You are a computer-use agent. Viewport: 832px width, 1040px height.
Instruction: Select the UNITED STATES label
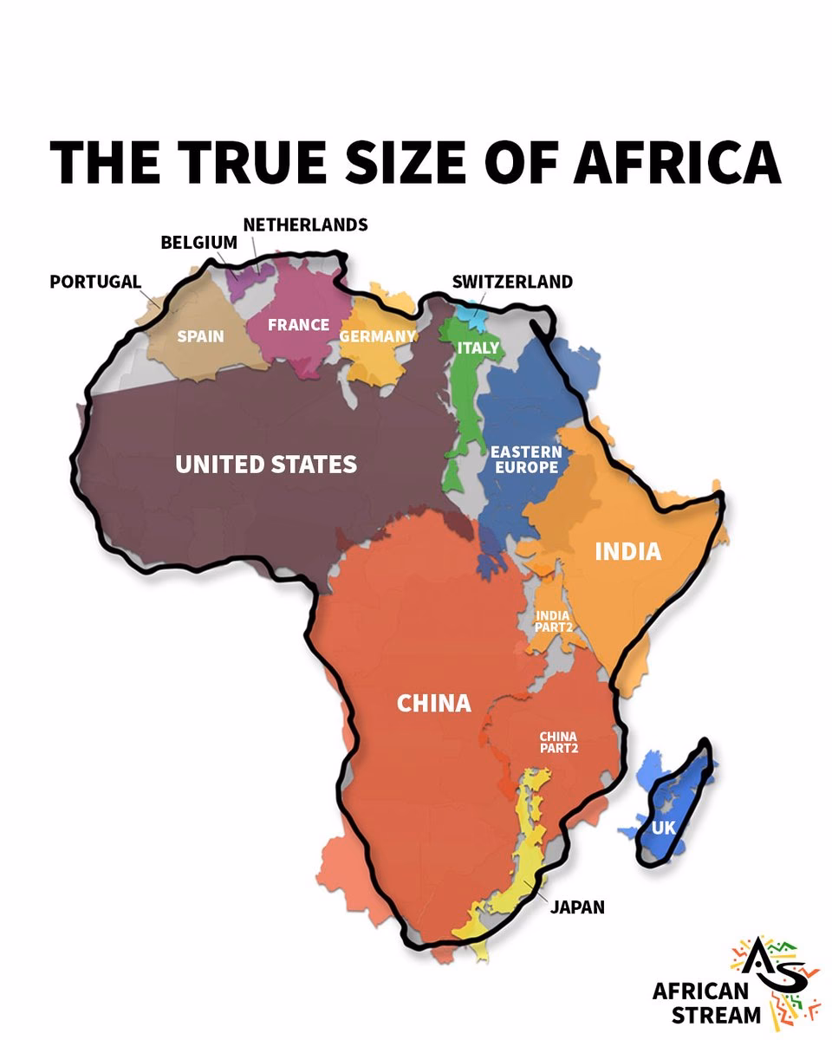(x=266, y=465)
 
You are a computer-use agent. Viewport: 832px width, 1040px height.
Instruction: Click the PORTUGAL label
(x=95, y=282)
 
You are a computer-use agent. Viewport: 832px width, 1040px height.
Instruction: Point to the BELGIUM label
(x=198, y=243)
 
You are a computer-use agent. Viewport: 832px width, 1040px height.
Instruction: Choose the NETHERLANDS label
(x=305, y=224)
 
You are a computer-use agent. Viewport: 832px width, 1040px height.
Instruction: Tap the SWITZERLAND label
(x=512, y=282)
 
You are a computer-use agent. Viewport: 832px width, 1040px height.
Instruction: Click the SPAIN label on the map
(x=200, y=336)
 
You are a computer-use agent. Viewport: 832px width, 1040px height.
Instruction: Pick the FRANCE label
(x=298, y=325)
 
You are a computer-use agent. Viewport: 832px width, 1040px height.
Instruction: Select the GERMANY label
(x=377, y=336)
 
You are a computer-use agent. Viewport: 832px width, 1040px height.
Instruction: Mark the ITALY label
(x=478, y=348)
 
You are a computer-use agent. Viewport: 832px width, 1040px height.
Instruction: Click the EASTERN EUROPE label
(x=526, y=459)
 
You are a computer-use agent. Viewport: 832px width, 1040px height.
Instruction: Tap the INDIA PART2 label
(x=553, y=621)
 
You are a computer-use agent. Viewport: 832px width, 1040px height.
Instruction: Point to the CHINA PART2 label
(x=558, y=742)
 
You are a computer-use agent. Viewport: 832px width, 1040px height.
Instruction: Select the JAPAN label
(x=577, y=907)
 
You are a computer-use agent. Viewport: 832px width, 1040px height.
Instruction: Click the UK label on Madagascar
(x=663, y=829)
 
